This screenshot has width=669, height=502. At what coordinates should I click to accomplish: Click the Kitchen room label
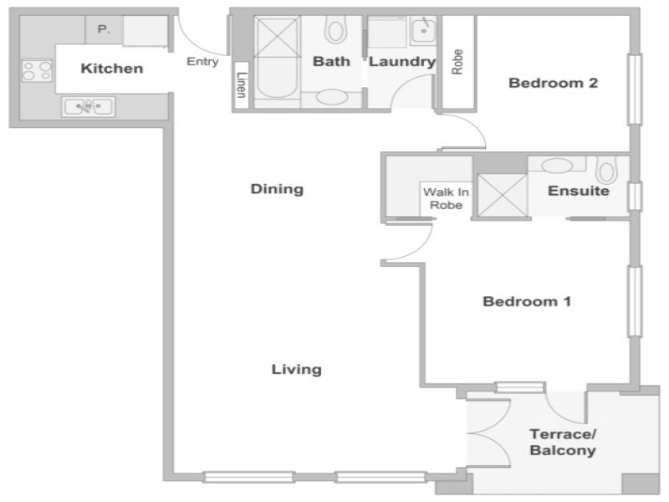coord(112,69)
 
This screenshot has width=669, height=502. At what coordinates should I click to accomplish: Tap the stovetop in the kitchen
coord(37,70)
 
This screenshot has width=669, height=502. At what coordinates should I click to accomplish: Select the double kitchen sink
coord(89,106)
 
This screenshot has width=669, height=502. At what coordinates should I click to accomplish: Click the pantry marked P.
coord(104,29)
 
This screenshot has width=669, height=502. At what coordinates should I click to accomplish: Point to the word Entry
coord(202,61)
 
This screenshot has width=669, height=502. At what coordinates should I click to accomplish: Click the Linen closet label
coord(242,85)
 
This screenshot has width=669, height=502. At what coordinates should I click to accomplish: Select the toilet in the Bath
coord(335,29)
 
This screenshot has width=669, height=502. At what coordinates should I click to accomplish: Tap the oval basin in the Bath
coord(332,96)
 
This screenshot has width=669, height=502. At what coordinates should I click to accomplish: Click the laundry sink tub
coord(423,30)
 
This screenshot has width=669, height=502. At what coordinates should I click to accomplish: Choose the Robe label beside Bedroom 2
coord(457,62)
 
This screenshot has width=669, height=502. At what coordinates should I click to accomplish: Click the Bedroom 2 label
coord(554,83)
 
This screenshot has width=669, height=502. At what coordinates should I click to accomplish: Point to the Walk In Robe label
coord(447,199)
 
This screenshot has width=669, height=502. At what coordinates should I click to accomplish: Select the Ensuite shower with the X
coord(503,195)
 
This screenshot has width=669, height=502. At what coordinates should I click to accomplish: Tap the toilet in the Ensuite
coord(606,170)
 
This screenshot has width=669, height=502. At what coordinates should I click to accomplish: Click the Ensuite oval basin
coord(557,165)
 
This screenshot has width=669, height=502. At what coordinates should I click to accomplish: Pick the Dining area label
coord(277,189)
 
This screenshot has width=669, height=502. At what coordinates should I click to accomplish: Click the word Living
coord(297,369)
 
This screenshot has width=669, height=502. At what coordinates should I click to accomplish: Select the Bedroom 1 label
coord(527,302)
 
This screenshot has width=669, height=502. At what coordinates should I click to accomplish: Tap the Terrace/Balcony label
coord(563,443)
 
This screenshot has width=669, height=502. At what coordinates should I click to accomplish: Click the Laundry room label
coord(402,62)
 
